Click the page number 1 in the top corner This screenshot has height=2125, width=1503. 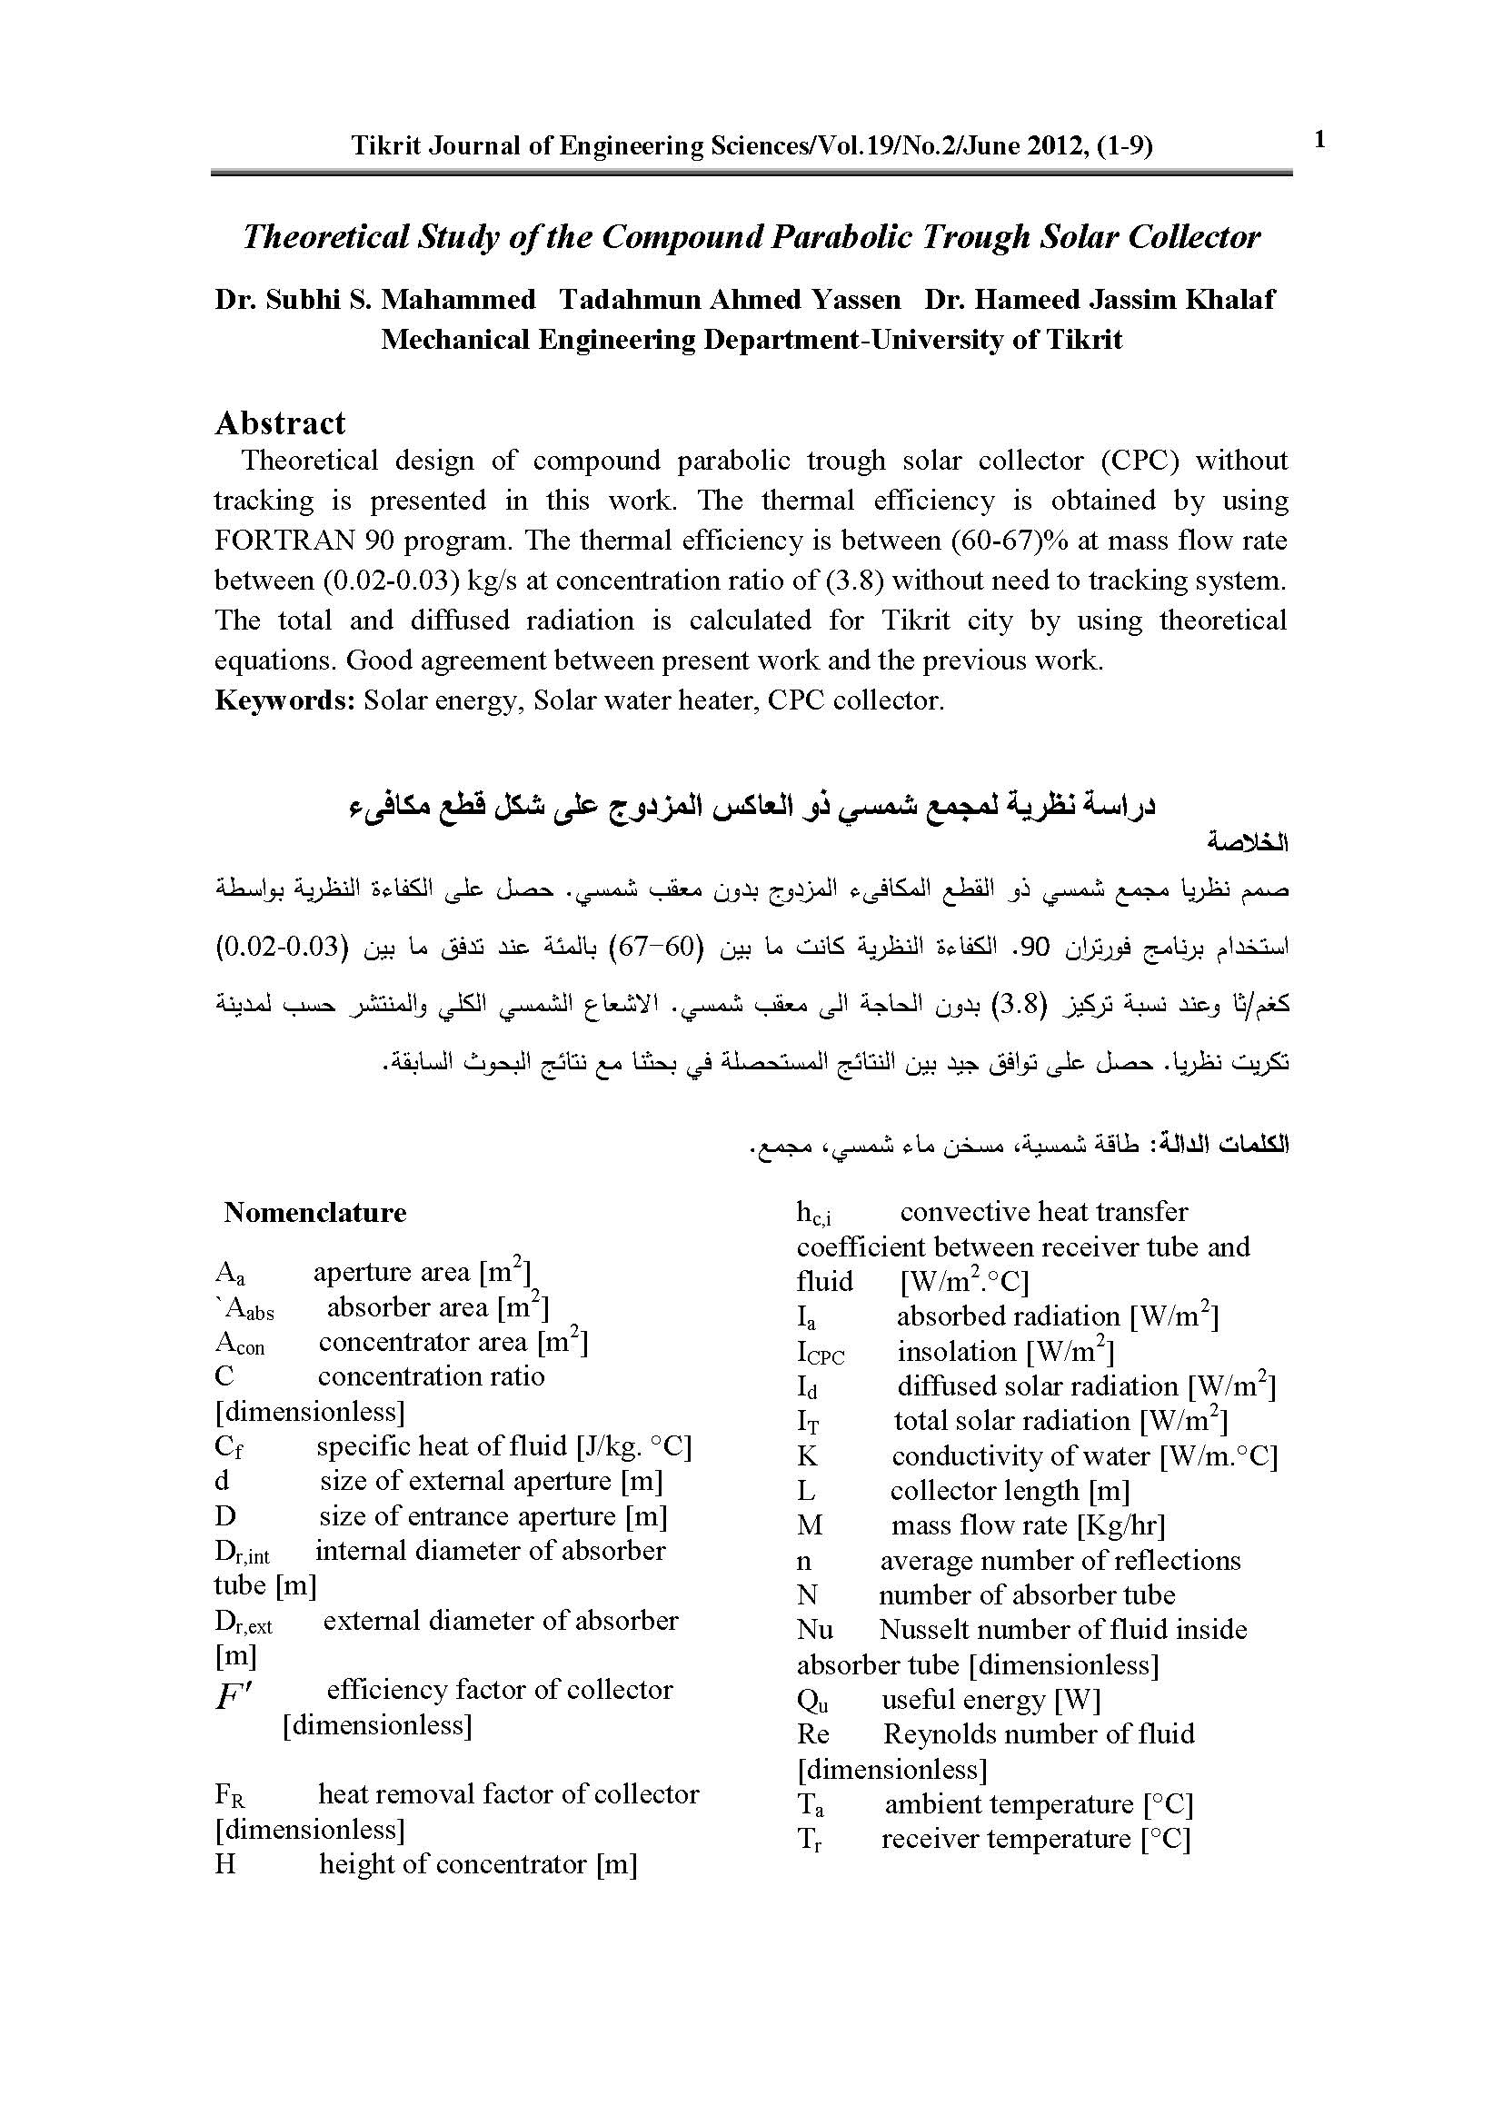[x=1319, y=141]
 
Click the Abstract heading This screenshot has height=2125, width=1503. [x=280, y=423]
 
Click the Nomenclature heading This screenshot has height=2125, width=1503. [x=314, y=1213]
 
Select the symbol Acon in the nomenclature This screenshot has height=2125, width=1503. [x=240, y=1343]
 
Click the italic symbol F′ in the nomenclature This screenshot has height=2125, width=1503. [x=234, y=1695]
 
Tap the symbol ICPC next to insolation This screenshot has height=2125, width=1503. [x=820, y=1353]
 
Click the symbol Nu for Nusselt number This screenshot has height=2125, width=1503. [x=814, y=1630]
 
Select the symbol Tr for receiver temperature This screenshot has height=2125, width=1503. [x=810, y=1839]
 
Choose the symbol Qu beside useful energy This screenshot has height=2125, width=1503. [x=812, y=1700]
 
